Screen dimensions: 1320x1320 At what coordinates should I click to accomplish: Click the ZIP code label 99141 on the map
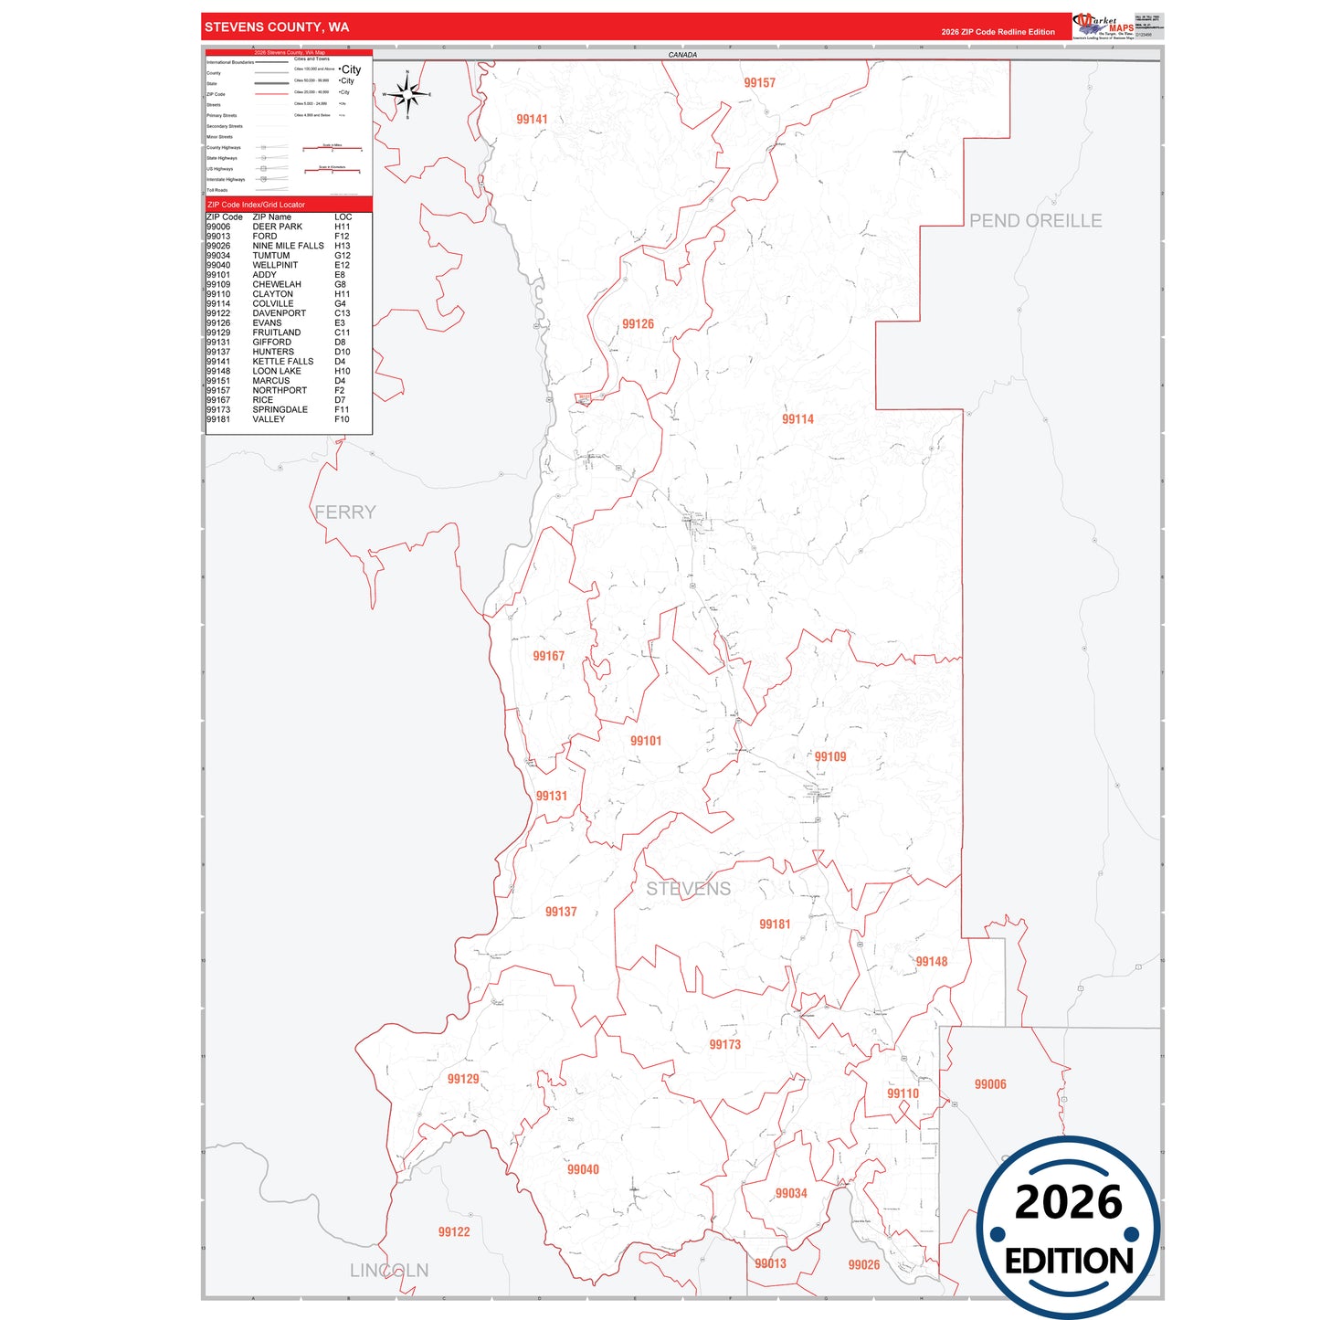(x=532, y=120)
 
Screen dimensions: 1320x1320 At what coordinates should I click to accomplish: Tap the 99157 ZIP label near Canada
(x=759, y=83)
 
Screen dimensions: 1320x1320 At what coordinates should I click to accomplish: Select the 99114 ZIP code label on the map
(x=797, y=419)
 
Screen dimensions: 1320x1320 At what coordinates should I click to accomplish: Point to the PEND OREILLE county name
(x=1035, y=221)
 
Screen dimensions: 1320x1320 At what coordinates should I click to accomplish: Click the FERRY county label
(x=345, y=512)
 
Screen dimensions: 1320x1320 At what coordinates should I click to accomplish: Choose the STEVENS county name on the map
(x=688, y=889)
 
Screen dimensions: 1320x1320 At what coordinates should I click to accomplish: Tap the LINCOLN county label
(x=389, y=1271)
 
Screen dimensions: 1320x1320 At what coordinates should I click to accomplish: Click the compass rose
(x=407, y=94)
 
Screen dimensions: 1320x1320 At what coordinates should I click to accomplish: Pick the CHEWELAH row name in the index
(x=277, y=284)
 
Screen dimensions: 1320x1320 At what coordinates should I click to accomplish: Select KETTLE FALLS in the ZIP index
(x=283, y=362)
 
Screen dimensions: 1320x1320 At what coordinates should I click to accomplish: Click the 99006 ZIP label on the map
(x=990, y=1084)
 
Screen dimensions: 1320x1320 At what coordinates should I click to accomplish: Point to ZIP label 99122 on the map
(x=454, y=1232)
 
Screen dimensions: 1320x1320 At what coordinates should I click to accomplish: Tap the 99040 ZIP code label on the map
(x=583, y=1169)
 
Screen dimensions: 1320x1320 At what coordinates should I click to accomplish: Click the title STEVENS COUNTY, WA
(x=277, y=27)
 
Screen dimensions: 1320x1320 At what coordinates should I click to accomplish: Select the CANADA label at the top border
(x=682, y=55)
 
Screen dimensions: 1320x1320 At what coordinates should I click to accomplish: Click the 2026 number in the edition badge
(x=1068, y=1202)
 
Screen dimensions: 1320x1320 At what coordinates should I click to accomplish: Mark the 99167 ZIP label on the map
(x=549, y=656)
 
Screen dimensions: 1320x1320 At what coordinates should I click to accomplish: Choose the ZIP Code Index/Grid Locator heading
(x=257, y=205)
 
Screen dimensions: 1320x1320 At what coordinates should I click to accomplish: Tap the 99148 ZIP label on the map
(x=931, y=962)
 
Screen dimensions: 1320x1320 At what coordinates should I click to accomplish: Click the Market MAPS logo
(x=1104, y=26)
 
